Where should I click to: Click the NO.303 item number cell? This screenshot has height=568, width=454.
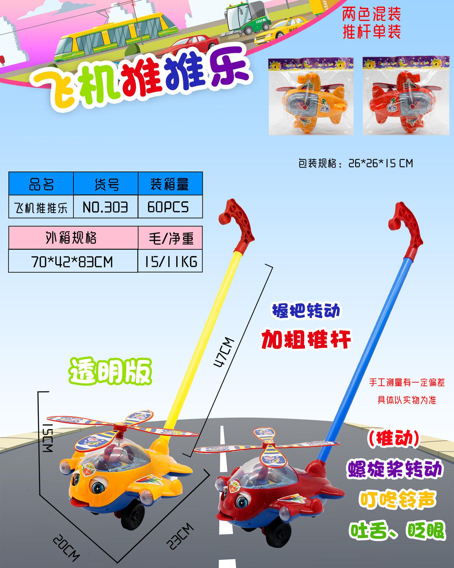(105, 207)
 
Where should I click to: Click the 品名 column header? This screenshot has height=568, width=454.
(41, 184)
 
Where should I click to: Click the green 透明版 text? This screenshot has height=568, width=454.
(110, 372)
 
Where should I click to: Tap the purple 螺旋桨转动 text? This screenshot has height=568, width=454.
(395, 469)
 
